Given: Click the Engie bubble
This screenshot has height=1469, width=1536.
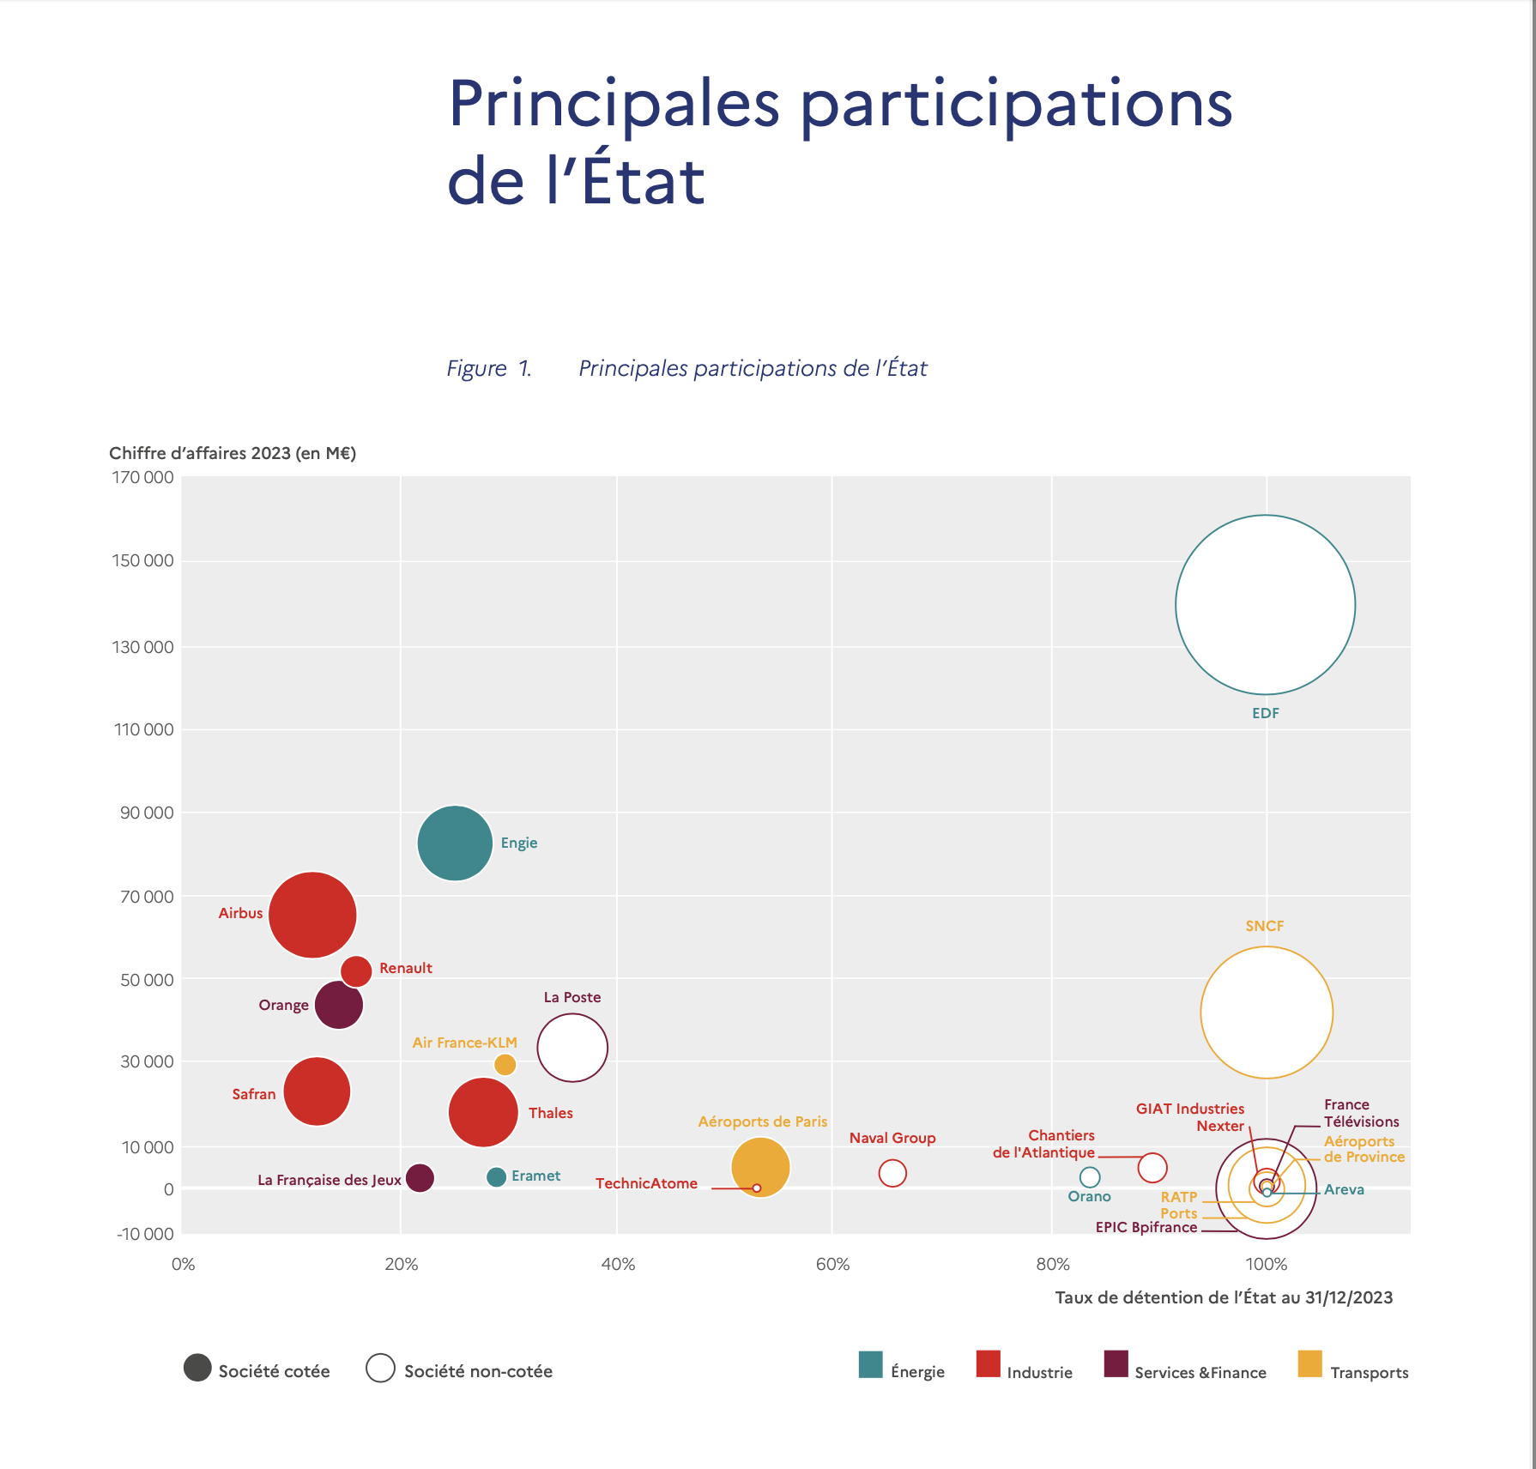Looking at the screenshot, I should point(455,843).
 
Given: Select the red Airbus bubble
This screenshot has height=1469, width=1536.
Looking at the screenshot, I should point(312,915).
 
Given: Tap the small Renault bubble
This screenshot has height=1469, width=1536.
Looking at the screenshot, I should point(356,970).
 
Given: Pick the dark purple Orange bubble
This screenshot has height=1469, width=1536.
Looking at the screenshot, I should point(339,1005).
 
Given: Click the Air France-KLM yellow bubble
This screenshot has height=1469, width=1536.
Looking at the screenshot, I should point(505,1065).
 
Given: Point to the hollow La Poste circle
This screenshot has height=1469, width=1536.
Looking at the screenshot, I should point(572,1048).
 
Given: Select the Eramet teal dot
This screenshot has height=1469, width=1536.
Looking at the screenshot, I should point(496,1176).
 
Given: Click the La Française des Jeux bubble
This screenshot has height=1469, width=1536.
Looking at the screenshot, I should point(420,1177).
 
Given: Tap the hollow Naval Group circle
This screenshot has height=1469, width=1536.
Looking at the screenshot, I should point(892,1173).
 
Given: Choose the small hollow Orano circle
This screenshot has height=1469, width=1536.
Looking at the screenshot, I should point(1090,1177).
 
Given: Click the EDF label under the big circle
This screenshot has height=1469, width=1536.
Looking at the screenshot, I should point(1266,713).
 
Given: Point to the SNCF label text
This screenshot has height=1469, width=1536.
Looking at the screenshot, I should point(1265,926).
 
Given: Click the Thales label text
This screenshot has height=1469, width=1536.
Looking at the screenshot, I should point(550,1113).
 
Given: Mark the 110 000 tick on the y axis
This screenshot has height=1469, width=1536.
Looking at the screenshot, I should point(143,729).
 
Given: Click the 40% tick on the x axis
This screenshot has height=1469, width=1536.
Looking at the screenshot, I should point(618,1264).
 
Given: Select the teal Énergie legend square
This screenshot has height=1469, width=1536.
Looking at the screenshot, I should point(871,1364).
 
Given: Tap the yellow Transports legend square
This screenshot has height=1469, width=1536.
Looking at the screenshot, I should point(1310,1364).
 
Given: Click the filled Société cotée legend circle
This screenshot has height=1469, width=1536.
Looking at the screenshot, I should point(197,1368).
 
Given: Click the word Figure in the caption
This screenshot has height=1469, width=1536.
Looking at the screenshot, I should point(476,368).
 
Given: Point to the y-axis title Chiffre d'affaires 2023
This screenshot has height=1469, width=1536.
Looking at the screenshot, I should point(232,453).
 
